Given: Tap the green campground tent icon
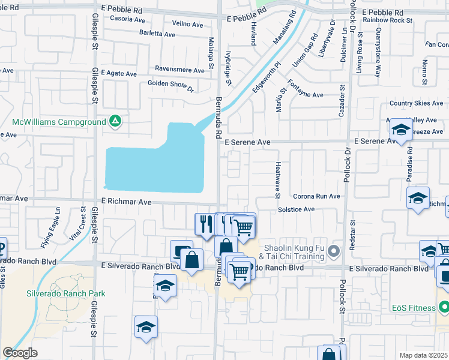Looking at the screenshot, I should [115, 122].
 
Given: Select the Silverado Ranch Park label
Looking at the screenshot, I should [65, 293].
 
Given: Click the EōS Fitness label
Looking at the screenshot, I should [419, 308].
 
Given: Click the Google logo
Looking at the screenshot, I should [20, 353].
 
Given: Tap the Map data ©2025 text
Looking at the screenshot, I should [423, 355].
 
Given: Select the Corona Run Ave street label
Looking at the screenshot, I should [316, 196].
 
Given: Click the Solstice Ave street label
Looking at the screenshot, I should [296, 209].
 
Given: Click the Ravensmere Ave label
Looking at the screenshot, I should [179, 70].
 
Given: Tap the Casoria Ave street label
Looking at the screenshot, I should [124, 19].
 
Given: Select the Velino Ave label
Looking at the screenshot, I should [187, 24].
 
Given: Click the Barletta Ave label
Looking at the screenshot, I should [157, 34].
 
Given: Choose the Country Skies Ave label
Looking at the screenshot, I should [416, 103].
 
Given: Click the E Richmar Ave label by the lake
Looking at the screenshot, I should [126, 202].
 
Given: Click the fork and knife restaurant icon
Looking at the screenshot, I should [205, 224].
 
